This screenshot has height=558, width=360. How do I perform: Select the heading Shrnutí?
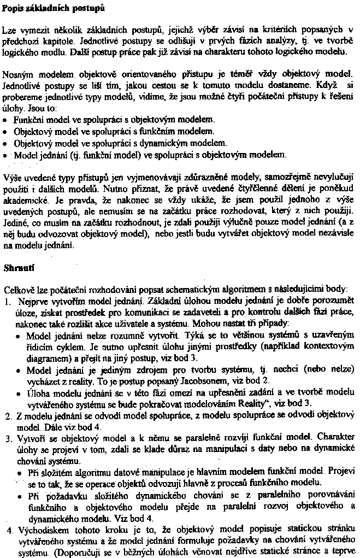pos(17,268)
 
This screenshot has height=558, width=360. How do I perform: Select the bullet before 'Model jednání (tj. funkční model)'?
pos(6,155)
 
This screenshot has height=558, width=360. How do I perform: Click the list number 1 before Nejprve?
pos(7,301)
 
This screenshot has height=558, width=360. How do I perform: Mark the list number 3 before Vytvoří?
pos(7,439)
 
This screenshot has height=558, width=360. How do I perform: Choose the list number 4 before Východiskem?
pos(7,531)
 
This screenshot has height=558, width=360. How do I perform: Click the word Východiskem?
pos(36,531)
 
